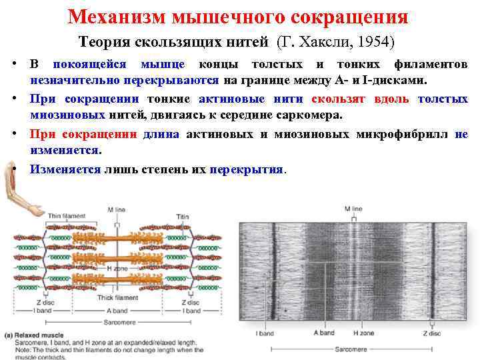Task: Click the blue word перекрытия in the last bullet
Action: (x=246, y=169)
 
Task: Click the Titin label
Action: (x=182, y=217)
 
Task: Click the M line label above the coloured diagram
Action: (x=116, y=209)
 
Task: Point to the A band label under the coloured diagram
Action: (x=117, y=311)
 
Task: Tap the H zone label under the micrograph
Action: (x=364, y=332)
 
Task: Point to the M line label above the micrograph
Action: (x=353, y=209)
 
